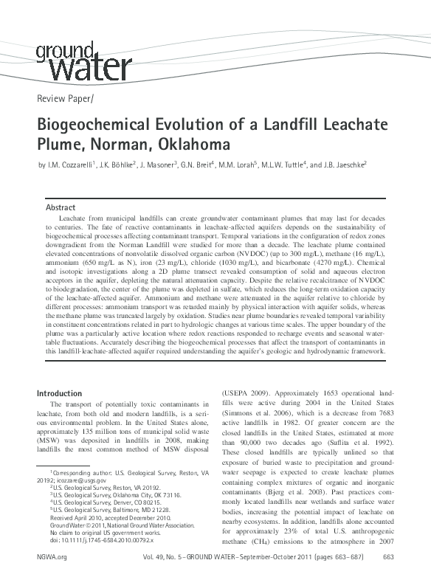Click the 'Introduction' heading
(60, 394)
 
